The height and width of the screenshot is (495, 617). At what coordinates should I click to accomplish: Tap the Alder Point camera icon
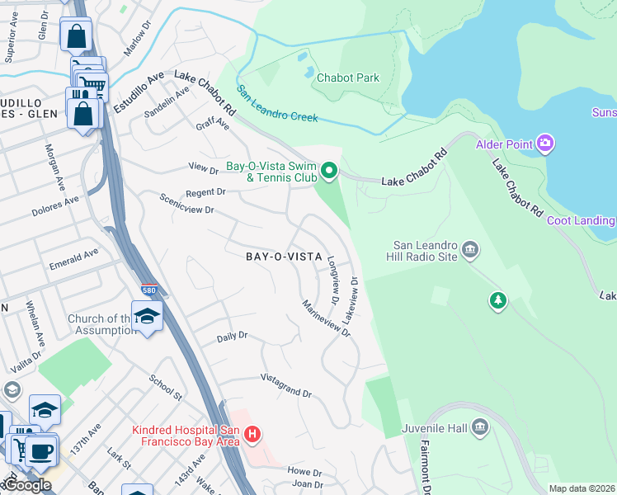point(544,145)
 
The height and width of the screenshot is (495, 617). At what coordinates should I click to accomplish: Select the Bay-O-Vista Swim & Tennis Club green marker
point(329,172)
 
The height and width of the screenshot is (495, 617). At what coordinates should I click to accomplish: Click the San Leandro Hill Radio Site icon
point(470,249)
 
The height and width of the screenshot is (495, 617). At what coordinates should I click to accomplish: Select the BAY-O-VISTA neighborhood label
point(284,257)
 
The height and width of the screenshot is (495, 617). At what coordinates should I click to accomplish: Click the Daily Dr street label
point(232,337)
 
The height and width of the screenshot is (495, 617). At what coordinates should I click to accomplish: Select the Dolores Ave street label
point(54,205)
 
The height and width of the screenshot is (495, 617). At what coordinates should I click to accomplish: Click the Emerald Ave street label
point(73,257)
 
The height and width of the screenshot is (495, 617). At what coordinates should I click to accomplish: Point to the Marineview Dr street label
point(327,317)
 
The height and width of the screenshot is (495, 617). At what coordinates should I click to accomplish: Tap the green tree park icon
point(497,300)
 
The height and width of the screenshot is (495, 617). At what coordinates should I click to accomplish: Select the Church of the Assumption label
point(97,324)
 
